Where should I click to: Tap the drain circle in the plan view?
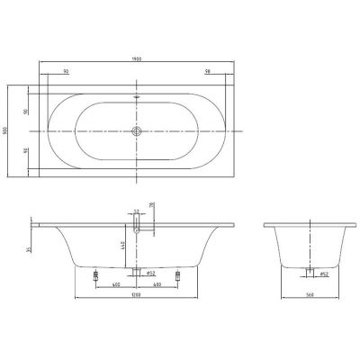point(137,131)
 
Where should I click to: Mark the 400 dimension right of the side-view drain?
point(158,284)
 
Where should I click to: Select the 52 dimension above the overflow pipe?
point(137,212)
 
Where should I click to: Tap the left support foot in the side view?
point(96,274)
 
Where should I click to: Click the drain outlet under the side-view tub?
point(137,272)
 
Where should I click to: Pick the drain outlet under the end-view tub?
point(309,272)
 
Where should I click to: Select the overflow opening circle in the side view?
point(137,230)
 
